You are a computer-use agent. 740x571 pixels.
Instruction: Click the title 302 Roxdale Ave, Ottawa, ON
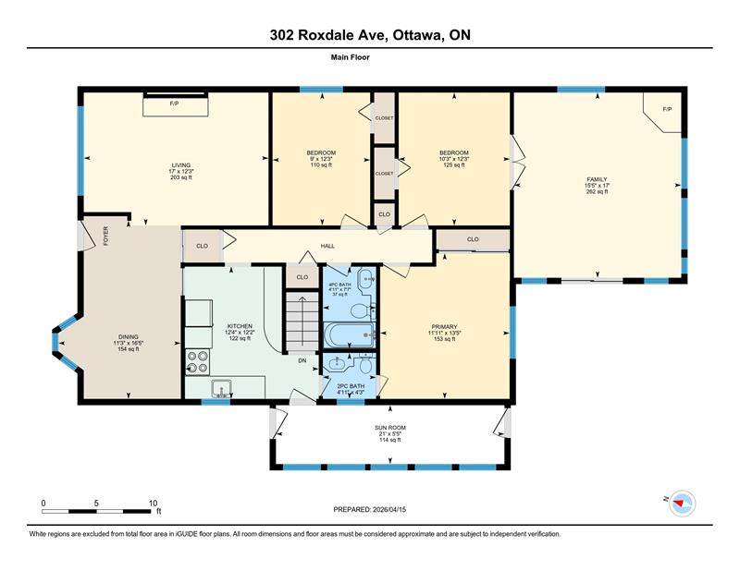tap(370, 35)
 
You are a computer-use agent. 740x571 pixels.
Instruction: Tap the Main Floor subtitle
tap(370, 57)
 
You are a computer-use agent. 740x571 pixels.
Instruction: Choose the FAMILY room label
tap(597, 185)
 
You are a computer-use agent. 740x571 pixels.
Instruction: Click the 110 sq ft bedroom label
tap(321, 158)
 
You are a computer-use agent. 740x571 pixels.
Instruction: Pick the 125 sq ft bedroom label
tap(454, 158)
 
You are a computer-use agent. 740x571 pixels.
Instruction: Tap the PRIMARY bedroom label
tap(445, 333)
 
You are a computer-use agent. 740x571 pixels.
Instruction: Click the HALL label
tap(327, 246)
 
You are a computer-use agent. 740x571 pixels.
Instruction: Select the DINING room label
tap(128, 342)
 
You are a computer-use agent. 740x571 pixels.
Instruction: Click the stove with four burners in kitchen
tap(198, 361)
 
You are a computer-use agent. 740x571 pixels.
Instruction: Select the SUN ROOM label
tap(389, 433)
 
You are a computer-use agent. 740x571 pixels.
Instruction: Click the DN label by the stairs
tap(302, 360)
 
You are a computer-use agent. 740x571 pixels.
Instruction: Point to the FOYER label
tap(105, 236)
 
